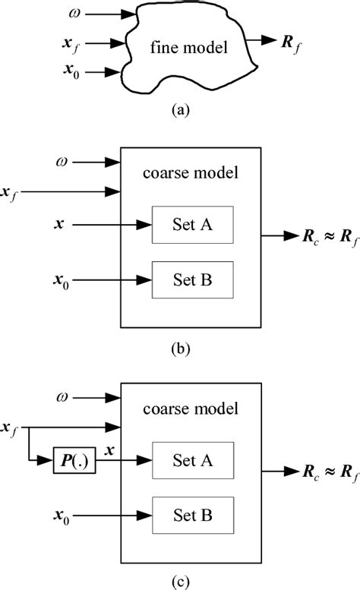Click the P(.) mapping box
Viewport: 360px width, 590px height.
pos(74,459)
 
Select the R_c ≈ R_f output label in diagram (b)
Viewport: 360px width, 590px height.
pos(318,237)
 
